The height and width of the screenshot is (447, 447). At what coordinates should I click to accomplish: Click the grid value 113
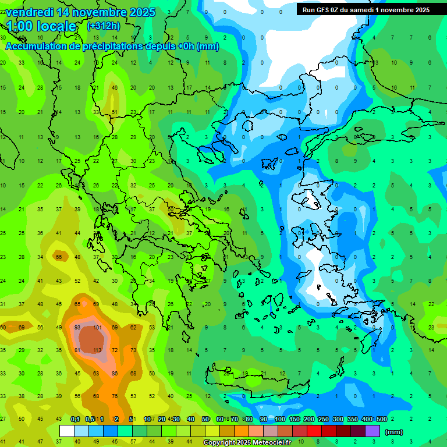pyautogui.click(x=97, y=350)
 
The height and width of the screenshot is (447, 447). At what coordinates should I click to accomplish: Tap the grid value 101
pyautogui.click(x=97, y=328)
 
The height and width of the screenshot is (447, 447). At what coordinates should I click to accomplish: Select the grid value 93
pyautogui.click(x=77, y=328)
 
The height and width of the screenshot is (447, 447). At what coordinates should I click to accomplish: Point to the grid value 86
pyautogui.click(x=115, y=373)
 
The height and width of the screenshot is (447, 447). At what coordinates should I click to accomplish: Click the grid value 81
pyautogui.click(x=77, y=350)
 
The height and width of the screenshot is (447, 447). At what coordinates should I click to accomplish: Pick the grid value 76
pyautogui.click(x=115, y=396)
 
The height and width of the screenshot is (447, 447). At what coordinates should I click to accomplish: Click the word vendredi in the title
pyautogui.click(x=29, y=12)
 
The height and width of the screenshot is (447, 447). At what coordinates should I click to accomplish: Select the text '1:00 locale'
pyautogui.click(x=42, y=26)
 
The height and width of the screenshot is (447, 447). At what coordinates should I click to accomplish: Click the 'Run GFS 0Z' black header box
pyautogui.click(x=366, y=9)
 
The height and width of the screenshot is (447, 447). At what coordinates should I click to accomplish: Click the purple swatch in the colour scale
pyautogui.click(x=372, y=431)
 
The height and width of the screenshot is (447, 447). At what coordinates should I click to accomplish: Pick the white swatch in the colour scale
pyautogui.click(x=67, y=431)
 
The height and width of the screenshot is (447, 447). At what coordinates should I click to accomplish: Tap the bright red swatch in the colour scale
pyautogui.click(x=314, y=431)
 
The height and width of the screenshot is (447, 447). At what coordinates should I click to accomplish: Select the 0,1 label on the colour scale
pyautogui.click(x=75, y=420)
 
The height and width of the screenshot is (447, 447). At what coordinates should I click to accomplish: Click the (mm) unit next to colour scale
pyautogui.click(x=394, y=432)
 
